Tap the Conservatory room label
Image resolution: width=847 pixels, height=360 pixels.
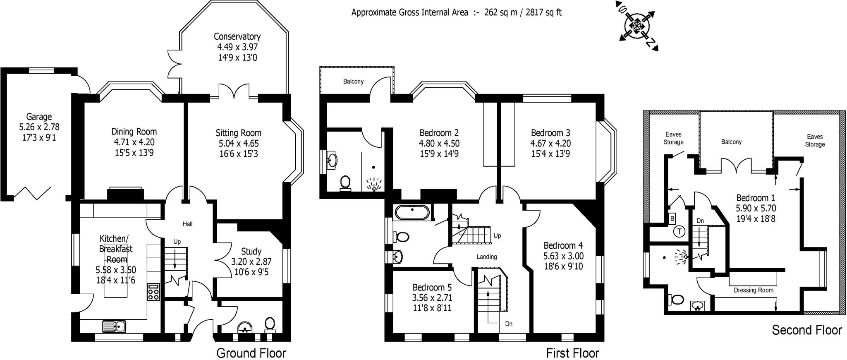pyautogui.click(x=237, y=36)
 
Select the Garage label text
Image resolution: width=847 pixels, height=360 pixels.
pyautogui.click(x=39, y=117)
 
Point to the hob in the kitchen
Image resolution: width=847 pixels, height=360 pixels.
pyautogui.click(x=153, y=292)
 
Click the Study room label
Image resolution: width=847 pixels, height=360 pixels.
pyautogui.click(x=251, y=252)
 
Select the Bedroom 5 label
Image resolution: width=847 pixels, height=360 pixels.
pyautogui.click(x=432, y=287)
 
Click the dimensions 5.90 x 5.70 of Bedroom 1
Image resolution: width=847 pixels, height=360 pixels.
pyautogui.click(x=756, y=209)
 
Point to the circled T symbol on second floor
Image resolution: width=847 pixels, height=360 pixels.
pyautogui.click(x=679, y=232)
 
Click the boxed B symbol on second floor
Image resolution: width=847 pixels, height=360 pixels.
pyautogui.click(x=672, y=218)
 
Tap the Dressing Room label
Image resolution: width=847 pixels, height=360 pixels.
pyautogui.click(x=754, y=290)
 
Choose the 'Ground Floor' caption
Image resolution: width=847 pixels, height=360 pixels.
pyautogui.click(x=251, y=353)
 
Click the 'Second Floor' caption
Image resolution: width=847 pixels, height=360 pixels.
pyautogui.click(x=807, y=330)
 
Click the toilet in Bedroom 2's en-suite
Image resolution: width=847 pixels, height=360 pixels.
pyautogui.click(x=345, y=183)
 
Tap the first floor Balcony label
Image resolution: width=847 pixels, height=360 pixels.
pyautogui.click(x=353, y=82)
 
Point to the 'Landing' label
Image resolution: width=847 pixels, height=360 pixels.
pyautogui.click(x=486, y=257)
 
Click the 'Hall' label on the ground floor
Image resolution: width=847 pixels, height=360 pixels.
pyautogui.click(x=187, y=224)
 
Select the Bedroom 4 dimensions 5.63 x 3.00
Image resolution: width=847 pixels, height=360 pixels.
pyautogui.click(x=563, y=256)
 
